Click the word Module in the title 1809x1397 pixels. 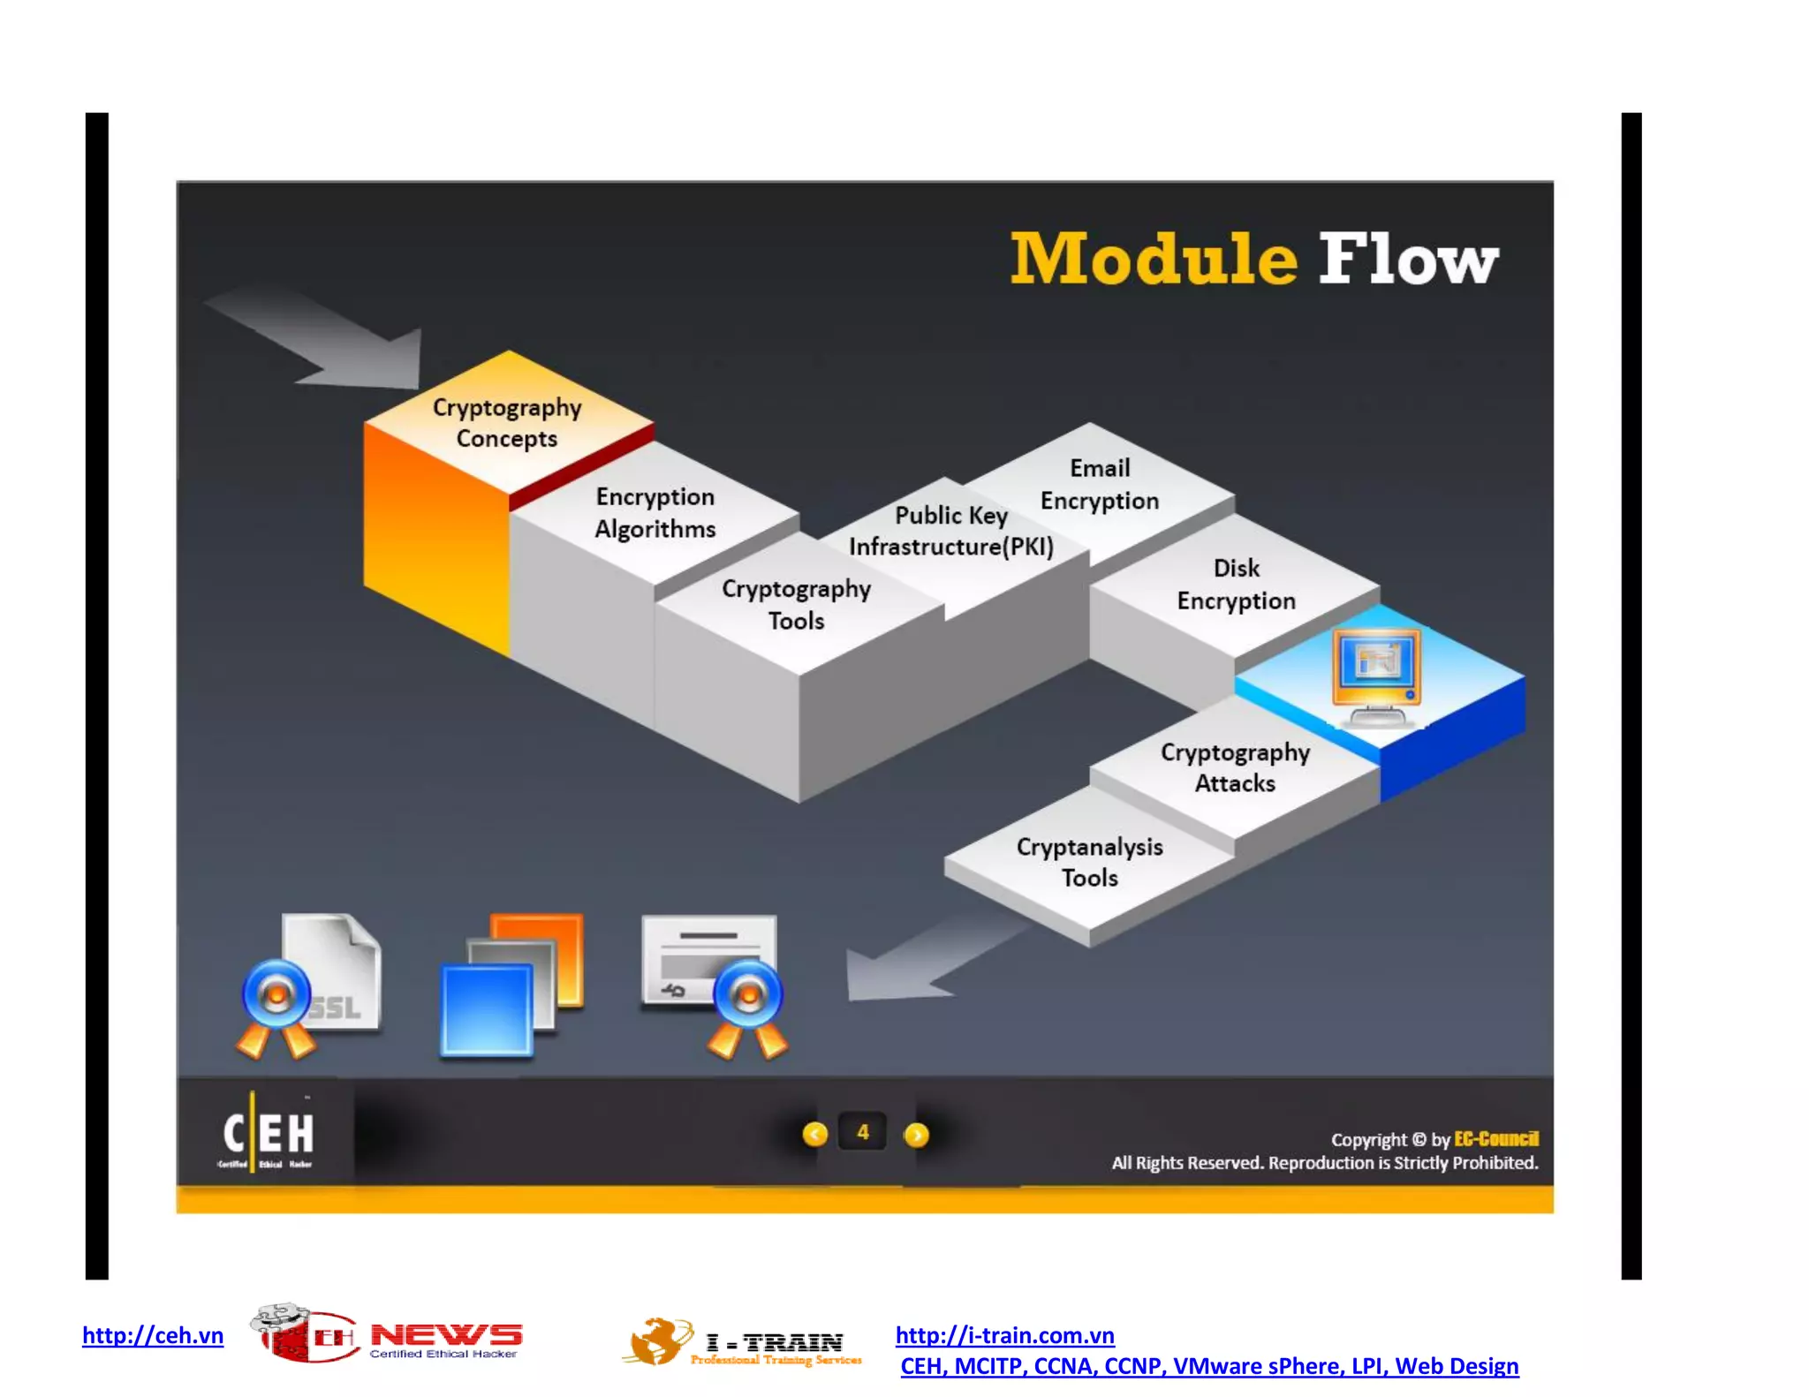coord(1153,259)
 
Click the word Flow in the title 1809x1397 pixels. coord(1408,259)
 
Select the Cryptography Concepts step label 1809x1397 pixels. coord(507,423)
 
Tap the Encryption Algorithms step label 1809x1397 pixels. coord(655,512)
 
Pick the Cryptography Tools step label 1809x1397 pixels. coord(796,604)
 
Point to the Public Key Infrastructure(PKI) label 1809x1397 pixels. coord(951,531)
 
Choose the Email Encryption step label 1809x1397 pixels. coord(1099,484)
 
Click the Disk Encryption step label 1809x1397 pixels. coord(1236,584)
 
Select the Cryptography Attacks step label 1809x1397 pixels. coord(1235,767)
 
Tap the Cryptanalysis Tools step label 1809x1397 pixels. coord(1089,862)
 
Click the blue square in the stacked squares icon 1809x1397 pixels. coord(486,1009)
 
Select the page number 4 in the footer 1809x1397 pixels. coord(863,1132)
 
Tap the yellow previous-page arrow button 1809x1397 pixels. coord(814,1134)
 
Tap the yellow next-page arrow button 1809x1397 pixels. coord(917,1134)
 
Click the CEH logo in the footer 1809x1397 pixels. coord(267,1133)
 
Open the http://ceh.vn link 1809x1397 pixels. coord(153,1334)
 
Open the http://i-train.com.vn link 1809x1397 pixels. coord(1004,1334)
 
